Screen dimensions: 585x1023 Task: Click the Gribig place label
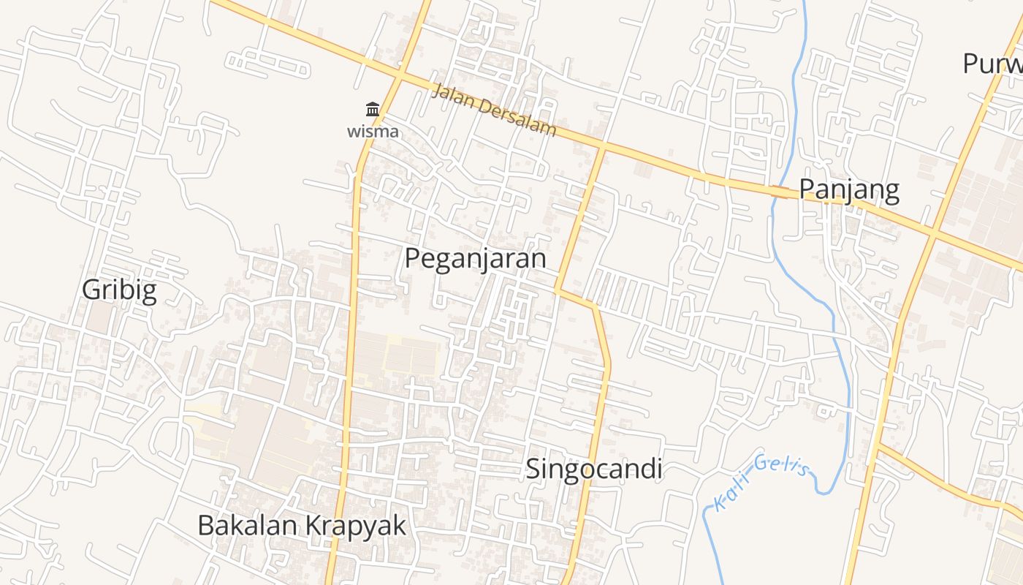tap(119, 290)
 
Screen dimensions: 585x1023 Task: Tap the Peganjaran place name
tap(476, 259)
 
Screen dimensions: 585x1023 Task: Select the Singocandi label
tap(594, 469)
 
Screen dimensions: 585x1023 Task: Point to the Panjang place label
tap(848, 190)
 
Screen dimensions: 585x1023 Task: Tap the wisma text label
tap(373, 132)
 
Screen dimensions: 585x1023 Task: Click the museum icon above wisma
tap(373, 110)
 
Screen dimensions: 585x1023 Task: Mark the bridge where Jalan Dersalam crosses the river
tap(780, 192)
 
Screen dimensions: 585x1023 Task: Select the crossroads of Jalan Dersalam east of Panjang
tap(933, 234)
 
